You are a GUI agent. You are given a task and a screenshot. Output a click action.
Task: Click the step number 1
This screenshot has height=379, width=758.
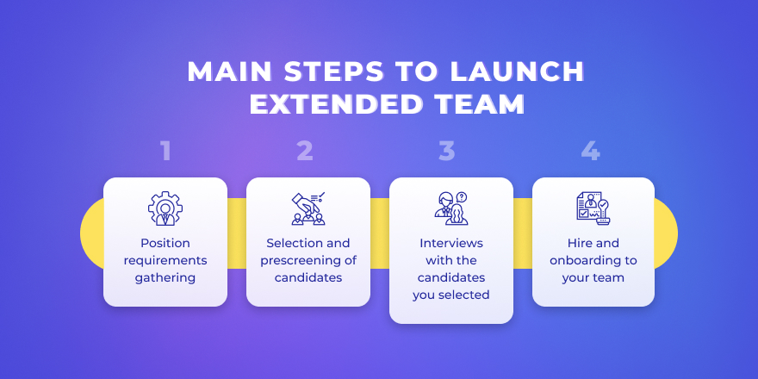[x=165, y=152]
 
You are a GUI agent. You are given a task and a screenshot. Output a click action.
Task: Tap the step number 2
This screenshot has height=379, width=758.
[x=305, y=152]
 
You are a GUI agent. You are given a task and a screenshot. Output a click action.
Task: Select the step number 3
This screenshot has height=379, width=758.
[x=447, y=152]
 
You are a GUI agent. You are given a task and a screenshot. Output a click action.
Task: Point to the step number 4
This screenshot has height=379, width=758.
[x=591, y=152]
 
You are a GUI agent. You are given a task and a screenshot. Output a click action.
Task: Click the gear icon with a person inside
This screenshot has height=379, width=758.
[x=165, y=208]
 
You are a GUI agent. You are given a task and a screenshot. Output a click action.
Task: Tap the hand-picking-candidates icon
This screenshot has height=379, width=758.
[x=308, y=208]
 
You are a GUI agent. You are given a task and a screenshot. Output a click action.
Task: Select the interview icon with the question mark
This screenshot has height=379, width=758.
[x=451, y=208]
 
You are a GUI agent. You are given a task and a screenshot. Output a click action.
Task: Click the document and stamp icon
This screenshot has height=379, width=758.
[x=593, y=208]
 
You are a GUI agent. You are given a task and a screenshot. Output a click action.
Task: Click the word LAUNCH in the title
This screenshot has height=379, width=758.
[x=518, y=71]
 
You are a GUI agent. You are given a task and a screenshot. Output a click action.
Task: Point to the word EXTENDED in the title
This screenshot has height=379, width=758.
[x=334, y=104]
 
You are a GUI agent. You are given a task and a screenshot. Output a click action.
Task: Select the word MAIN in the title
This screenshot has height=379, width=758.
[x=230, y=71]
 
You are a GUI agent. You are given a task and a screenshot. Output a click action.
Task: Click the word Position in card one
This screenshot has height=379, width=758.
[x=165, y=243]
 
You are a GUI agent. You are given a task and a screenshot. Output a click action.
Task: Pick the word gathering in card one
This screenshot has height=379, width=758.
[x=165, y=278]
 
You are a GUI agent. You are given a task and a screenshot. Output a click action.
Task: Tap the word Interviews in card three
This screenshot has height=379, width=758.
[x=451, y=243]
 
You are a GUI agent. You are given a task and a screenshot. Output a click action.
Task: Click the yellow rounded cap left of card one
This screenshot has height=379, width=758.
[x=92, y=233]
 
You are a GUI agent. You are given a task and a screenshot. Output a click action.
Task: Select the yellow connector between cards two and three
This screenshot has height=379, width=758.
[x=380, y=233]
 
